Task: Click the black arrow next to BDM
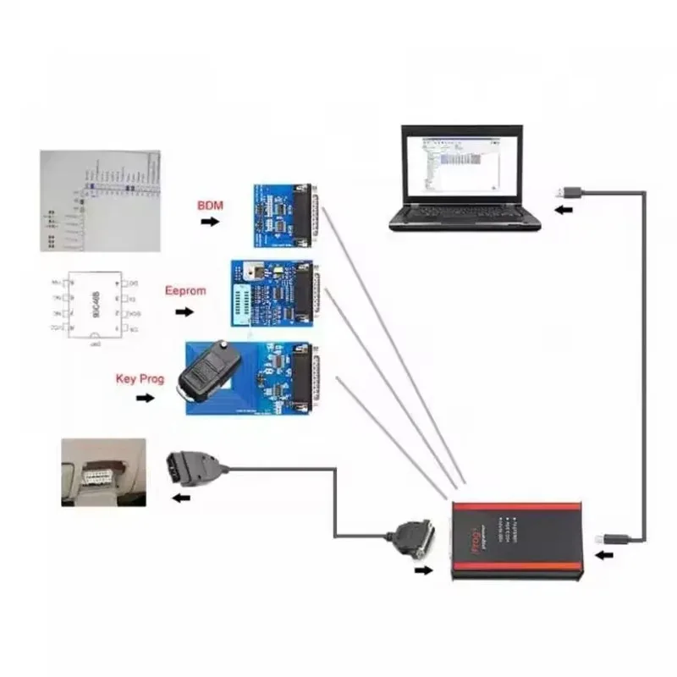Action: [209, 222]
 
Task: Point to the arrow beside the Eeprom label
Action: [183, 311]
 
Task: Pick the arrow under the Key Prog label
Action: [145, 397]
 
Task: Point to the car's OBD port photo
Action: [103, 471]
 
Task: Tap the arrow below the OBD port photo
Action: [180, 498]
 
